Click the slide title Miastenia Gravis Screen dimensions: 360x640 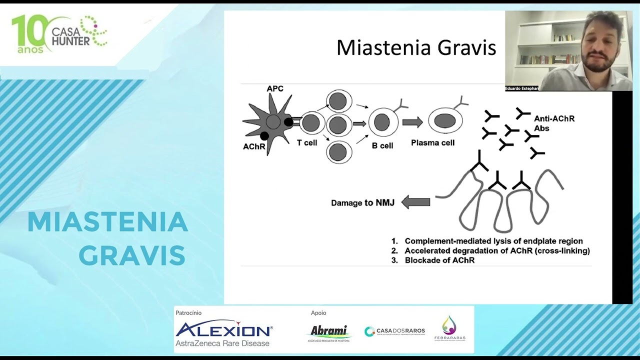(416, 48)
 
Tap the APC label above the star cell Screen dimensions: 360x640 (275, 89)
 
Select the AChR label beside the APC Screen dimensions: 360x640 (254, 147)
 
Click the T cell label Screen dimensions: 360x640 (307, 143)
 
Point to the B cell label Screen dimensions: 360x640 (382, 146)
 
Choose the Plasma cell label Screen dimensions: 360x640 (432, 143)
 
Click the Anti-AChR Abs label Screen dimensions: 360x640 (554, 123)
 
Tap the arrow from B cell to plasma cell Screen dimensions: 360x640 (412, 122)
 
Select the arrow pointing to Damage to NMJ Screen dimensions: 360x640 (415, 202)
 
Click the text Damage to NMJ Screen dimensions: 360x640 (362, 203)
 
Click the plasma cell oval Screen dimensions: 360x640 (445, 121)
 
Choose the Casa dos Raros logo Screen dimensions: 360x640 (395, 331)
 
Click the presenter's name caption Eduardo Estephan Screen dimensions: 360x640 (521, 88)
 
